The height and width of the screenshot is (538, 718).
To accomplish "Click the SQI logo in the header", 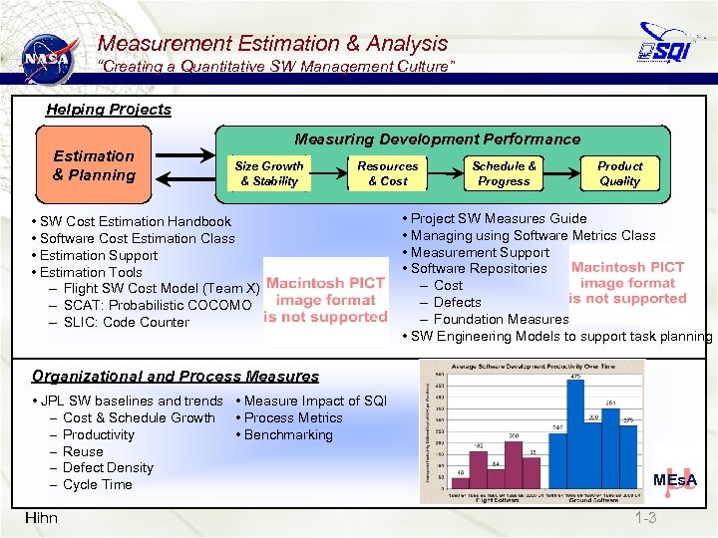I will [x=667, y=46].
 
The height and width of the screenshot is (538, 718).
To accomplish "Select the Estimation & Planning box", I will [x=94, y=165].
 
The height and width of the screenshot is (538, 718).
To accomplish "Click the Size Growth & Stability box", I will [x=269, y=173].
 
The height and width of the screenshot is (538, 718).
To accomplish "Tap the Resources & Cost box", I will [x=388, y=173].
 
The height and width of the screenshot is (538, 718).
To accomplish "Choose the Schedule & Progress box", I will [x=504, y=173].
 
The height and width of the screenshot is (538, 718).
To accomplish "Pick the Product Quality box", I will [x=619, y=173].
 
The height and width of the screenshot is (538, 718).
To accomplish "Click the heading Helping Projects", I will [x=109, y=110].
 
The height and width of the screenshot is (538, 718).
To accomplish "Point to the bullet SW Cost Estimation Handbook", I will [x=136, y=221].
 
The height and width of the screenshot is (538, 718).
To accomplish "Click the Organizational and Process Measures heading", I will [x=176, y=377].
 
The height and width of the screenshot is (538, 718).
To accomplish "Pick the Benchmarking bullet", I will [x=288, y=434].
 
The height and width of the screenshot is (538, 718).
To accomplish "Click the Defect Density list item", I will [x=108, y=467].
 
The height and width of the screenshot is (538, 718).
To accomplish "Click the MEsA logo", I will [x=674, y=480].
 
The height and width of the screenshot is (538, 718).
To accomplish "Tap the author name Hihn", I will [x=41, y=517].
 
